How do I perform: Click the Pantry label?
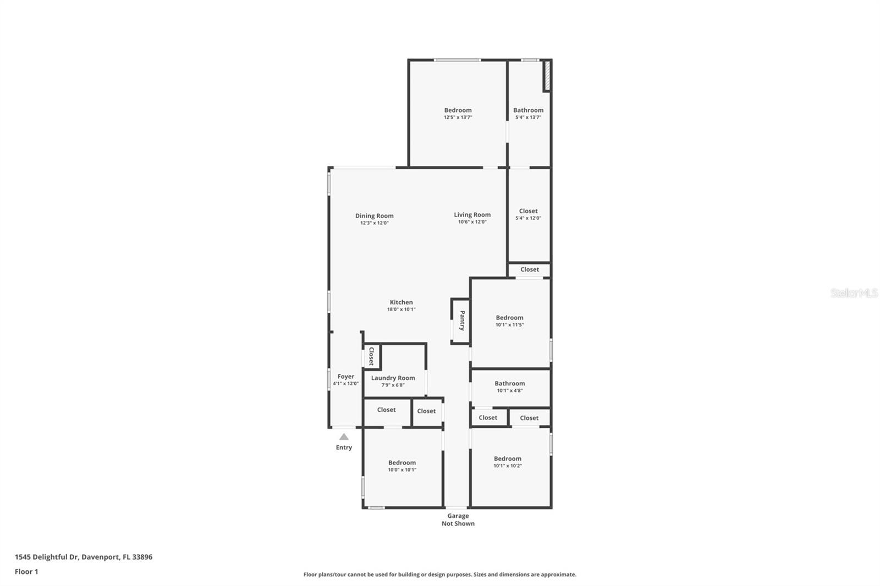click(463, 320)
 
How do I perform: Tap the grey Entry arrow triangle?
click(344, 436)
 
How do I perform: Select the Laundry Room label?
click(393, 378)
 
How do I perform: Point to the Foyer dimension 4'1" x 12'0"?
click(346, 384)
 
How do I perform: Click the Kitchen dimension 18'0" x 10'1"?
click(401, 309)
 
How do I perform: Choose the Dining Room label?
click(375, 215)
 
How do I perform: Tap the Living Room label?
click(472, 215)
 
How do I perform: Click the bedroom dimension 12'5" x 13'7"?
click(458, 118)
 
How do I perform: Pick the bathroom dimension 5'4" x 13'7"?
click(529, 118)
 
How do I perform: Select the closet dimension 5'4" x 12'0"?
click(529, 218)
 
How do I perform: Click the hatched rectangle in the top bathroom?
click(547, 75)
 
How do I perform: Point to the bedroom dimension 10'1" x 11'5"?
click(509, 325)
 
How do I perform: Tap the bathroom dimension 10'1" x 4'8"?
click(509, 391)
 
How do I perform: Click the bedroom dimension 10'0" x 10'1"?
click(402, 470)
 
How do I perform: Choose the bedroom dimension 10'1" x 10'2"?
click(508, 466)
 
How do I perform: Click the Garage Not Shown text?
click(458, 519)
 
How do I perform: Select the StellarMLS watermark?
click(854, 292)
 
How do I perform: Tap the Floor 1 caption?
click(26, 572)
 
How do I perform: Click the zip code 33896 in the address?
click(142, 557)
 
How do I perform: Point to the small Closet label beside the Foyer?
click(371, 356)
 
